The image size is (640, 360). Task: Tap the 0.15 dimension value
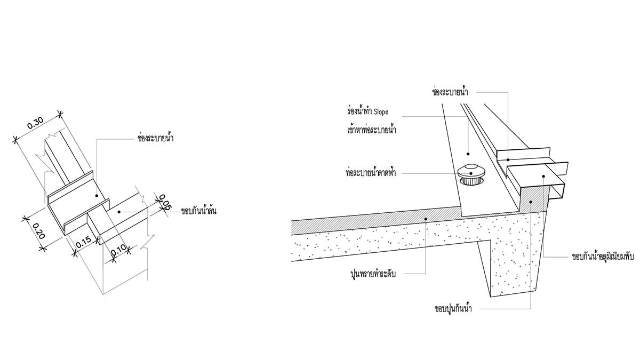(x=82, y=243)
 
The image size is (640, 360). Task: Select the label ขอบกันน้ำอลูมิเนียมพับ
(x=602, y=257)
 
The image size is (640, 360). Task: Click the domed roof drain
(x=471, y=173)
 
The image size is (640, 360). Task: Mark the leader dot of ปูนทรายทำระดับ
(x=426, y=219)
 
